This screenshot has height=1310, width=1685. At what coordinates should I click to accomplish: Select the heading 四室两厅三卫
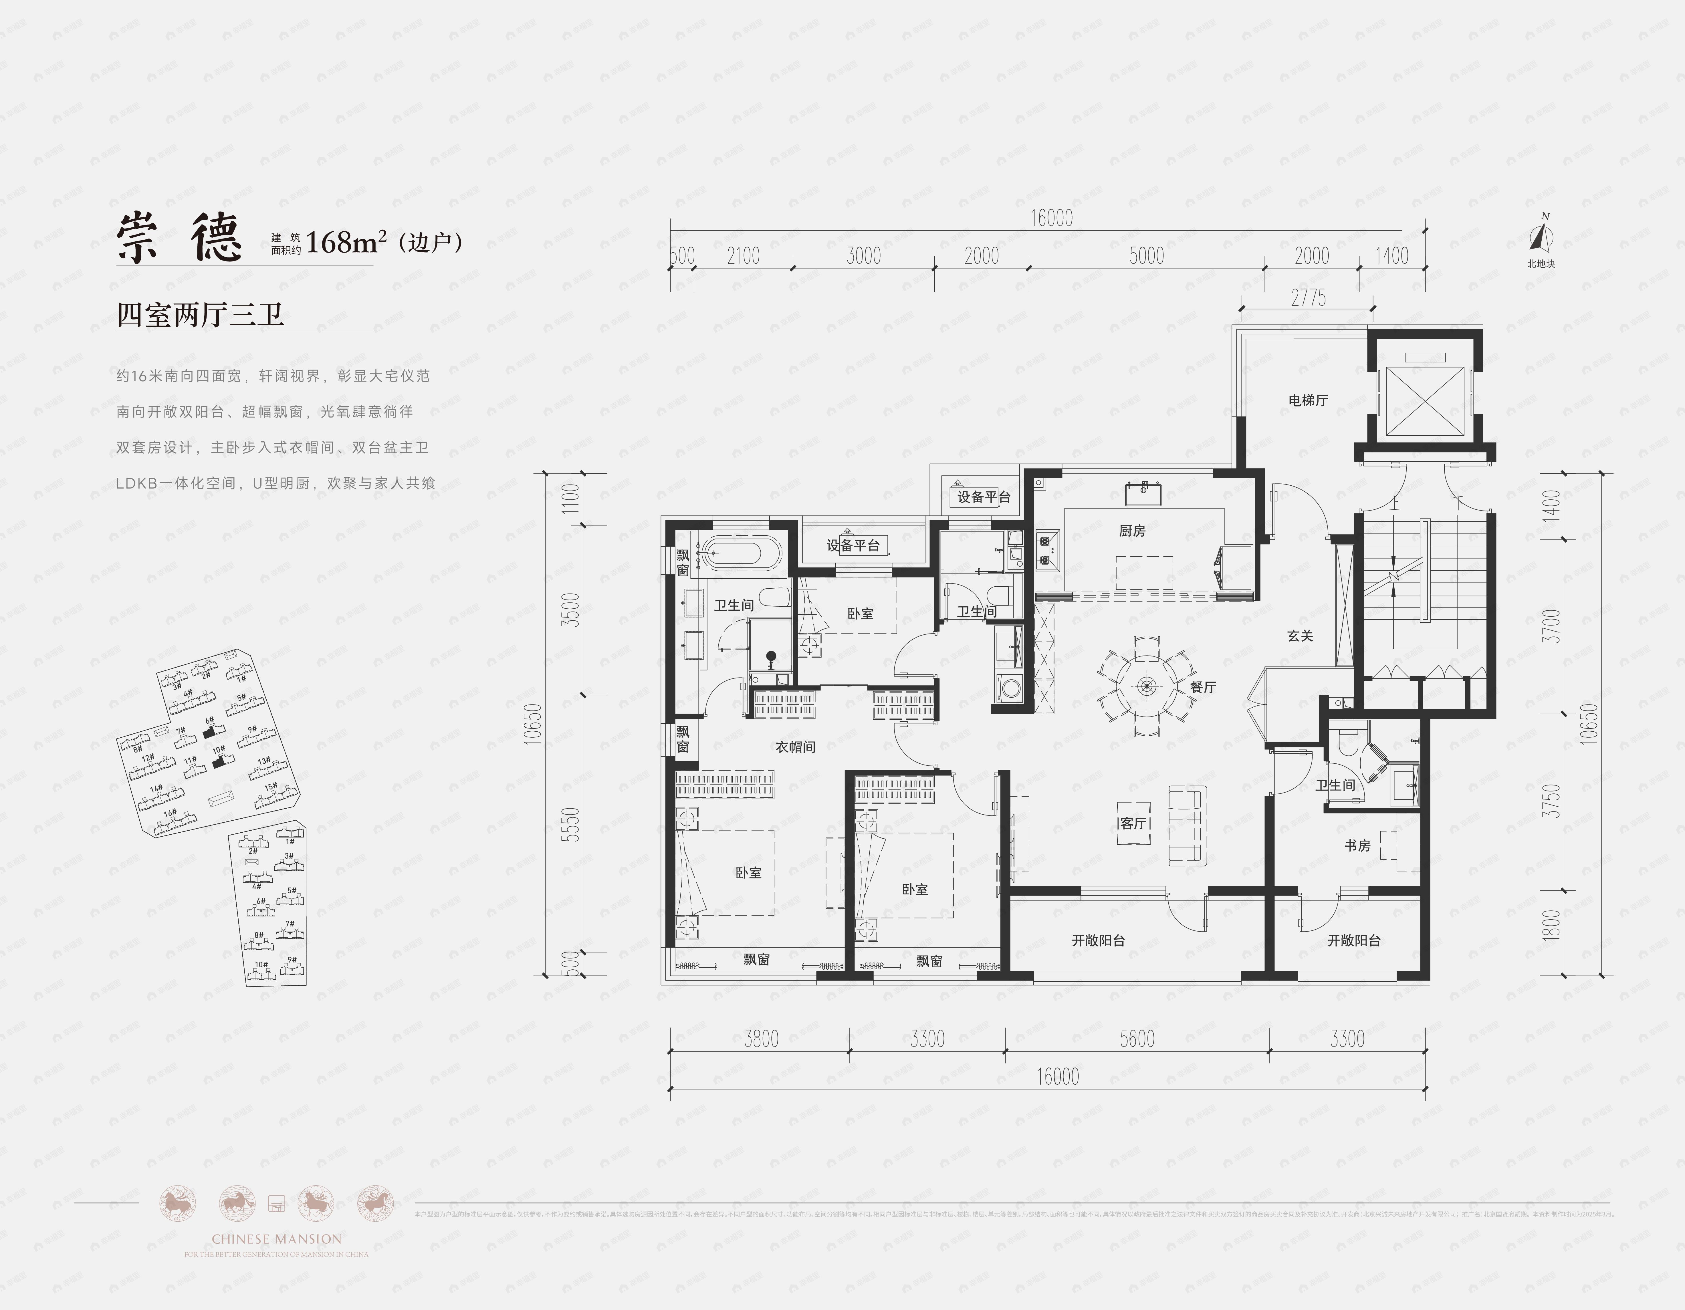(x=201, y=315)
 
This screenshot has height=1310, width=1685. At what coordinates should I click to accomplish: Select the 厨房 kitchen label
(x=1132, y=531)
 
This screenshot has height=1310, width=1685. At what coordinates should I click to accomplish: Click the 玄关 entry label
(x=1300, y=636)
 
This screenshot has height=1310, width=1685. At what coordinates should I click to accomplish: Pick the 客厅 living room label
(x=1133, y=823)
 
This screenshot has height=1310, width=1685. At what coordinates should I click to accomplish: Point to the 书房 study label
(x=1357, y=845)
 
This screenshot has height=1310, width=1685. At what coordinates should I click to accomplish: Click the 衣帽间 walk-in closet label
(x=795, y=747)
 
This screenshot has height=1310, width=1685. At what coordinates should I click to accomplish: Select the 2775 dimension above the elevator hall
(x=1309, y=298)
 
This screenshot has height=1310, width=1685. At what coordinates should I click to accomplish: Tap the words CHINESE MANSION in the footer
(x=276, y=1239)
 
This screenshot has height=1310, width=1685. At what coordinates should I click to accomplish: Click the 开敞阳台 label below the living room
(x=1098, y=940)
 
